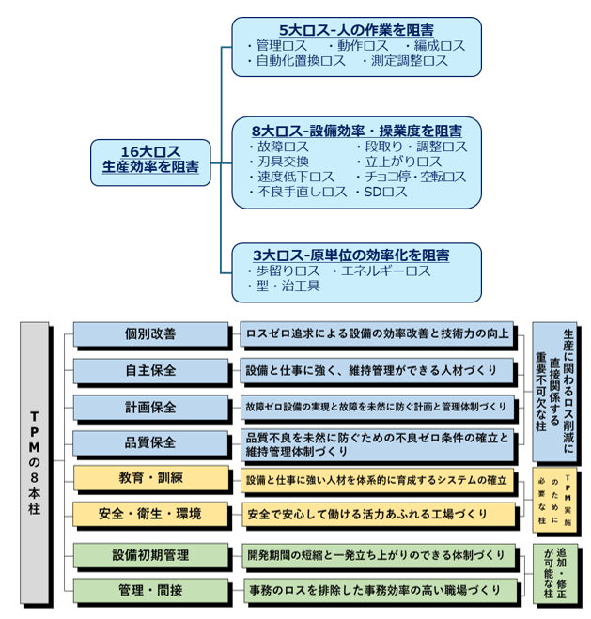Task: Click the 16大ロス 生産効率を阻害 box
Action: [x=150, y=159]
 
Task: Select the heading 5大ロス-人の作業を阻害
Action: [x=356, y=28]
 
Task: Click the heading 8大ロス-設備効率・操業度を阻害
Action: [x=356, y=130]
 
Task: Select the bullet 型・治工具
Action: [x=283, y=286]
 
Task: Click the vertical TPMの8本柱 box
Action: [x=35, y=463]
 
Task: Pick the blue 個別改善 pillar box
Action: [x=150, y=333]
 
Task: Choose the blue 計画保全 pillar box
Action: [x=150, y=408]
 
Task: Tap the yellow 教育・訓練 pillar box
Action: [x=150, y=478]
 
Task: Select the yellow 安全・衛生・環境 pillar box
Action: [x=150, y=514]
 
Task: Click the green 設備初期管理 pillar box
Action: [x=150, y=554]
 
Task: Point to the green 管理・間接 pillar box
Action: [x=150, y=590]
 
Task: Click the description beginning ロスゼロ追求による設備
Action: [x=376, y=333]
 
